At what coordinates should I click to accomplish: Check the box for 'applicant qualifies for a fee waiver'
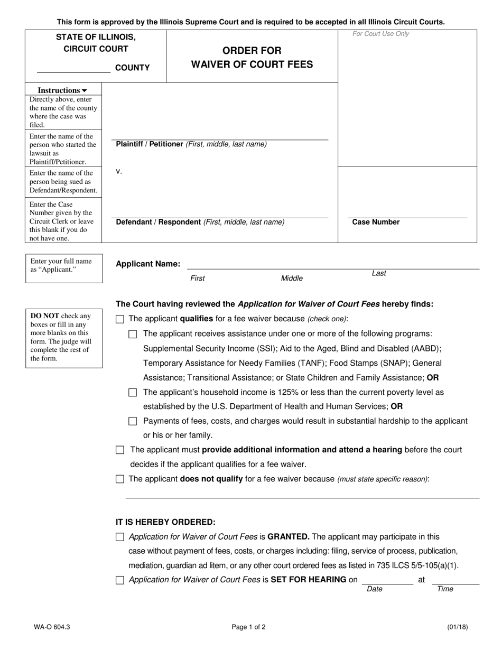coord(120,319)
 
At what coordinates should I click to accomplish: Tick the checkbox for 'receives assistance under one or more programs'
coord(133,334)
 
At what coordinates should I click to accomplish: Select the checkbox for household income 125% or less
coord(133,393)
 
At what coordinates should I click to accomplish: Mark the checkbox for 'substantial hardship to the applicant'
coord(133,421)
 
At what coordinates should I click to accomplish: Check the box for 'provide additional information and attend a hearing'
coord(120,450)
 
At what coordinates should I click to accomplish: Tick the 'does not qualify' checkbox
coord(120,479)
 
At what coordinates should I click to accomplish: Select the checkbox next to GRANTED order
coord(120,537)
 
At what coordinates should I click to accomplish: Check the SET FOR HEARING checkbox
coord(120,580)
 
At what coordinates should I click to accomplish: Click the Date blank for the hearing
coord(387,580)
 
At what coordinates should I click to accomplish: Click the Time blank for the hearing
coord(455,580)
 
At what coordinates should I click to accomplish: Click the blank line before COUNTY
coord(73,68)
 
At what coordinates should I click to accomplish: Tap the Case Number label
coord(376,222)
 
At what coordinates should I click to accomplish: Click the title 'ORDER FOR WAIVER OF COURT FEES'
coord(252,58)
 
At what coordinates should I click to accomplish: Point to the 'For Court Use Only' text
coord(380,34)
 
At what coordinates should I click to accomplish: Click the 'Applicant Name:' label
coord(148,264)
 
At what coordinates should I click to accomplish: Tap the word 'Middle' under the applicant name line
coord(292,278)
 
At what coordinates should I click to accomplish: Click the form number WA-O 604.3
coord(52,627)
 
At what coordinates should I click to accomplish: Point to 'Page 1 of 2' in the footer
coord(248,627)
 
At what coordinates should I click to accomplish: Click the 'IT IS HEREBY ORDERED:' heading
coord(165,522)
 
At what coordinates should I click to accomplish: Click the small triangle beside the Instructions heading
coord(85,91)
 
